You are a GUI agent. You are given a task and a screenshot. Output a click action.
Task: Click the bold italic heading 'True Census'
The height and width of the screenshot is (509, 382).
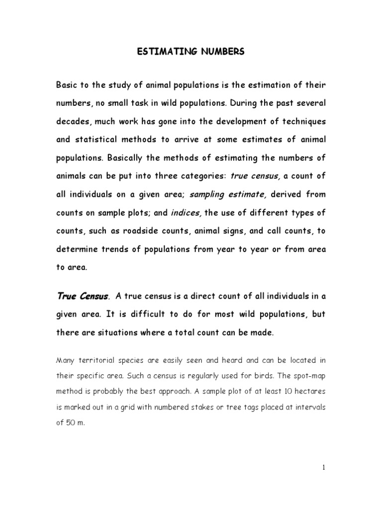click(82, 283)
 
